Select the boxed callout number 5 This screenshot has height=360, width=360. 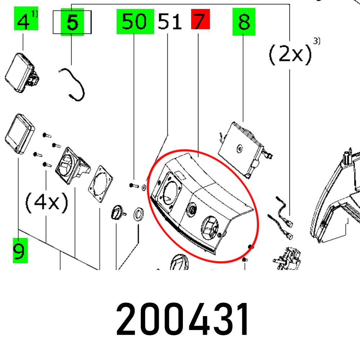click(72, 22)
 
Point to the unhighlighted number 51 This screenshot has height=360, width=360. click(170, 21)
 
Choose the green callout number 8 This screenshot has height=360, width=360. click(244, 22)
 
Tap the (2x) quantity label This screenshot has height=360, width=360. click(290, 54)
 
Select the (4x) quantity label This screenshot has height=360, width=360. click(46, 202)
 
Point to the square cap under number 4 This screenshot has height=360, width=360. click(21, 73)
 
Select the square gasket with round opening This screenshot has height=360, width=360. click(100, 184)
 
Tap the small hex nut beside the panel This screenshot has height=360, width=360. click(144, 188)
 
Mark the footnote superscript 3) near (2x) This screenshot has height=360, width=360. click(316, 41)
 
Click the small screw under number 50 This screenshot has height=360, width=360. click(134, 185)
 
